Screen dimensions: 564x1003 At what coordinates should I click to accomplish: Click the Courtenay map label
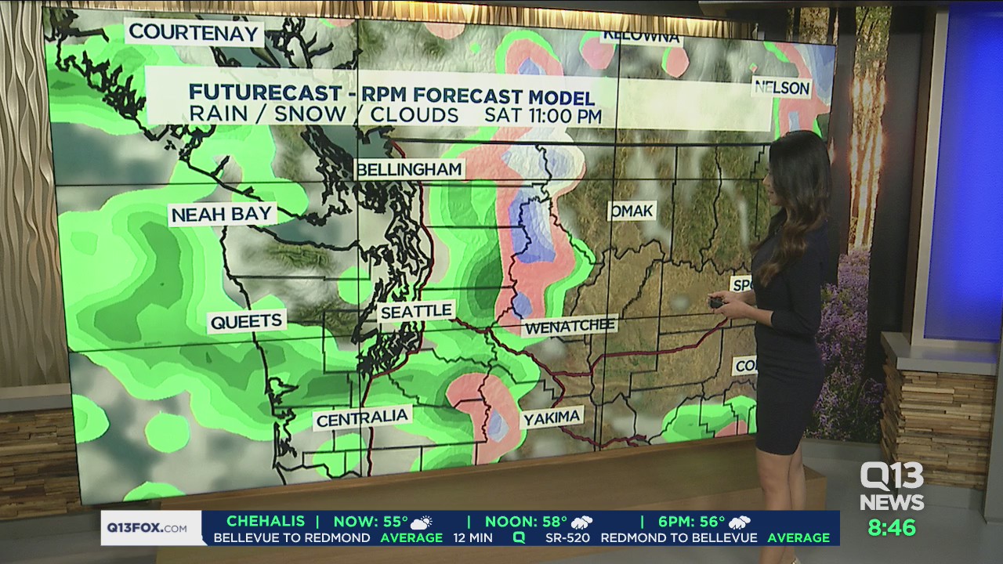[x=194, y=32]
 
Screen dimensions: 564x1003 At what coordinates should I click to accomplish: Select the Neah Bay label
[x=222, y=214]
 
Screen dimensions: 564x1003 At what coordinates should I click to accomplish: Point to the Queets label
[x=246, y=321]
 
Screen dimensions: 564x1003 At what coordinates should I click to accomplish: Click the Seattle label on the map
[x=416, y=311]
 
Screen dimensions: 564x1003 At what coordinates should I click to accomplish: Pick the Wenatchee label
[x=570, y=326]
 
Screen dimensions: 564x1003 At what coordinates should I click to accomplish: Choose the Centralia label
[x=362, y=418]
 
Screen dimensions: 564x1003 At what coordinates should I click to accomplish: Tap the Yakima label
[x=552, y=418]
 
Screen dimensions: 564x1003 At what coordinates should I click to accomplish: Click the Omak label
[x=631, y=211]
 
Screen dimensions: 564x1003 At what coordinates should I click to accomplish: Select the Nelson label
[x=780, y=88]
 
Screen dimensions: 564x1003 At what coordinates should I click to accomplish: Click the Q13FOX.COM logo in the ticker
[x=147, y=527]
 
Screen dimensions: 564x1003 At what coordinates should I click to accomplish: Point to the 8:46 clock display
[x=892, y=527]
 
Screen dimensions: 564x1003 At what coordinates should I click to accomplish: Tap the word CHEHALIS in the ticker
[x=264, y=522]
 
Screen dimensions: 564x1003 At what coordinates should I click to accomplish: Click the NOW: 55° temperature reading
[x=371, y=522]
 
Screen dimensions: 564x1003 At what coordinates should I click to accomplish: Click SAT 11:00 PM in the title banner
[x=543, y=115]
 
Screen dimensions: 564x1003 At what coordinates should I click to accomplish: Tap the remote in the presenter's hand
[x=716, y=302]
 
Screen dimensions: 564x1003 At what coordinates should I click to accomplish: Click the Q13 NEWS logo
[x=892, y=486]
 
